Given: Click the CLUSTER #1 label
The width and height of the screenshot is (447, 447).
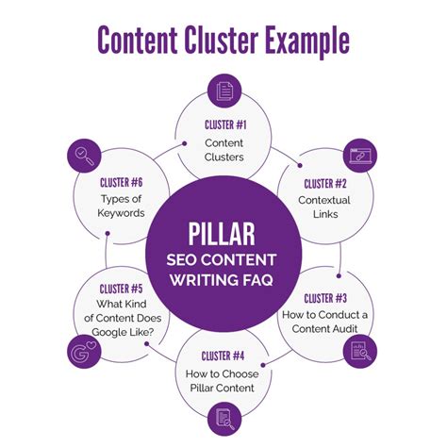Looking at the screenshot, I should point(223,124).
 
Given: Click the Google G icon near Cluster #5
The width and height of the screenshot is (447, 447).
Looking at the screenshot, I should point(84,353).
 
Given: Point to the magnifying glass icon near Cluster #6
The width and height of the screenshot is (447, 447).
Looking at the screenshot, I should point(85,154).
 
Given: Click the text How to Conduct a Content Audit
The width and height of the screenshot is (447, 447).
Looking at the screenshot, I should point(325,322).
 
